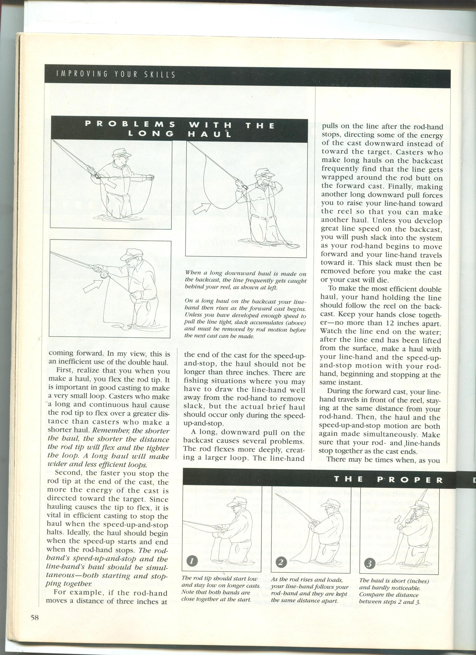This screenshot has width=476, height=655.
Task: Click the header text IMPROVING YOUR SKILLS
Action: click(116, 74)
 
